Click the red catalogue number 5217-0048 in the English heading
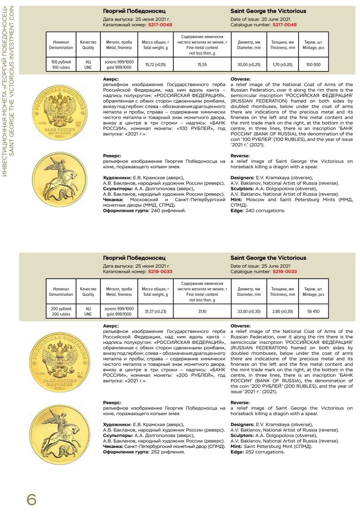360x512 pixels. [x=284, y=24]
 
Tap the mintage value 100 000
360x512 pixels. [x=313, y=65]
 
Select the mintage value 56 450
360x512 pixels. [x=313, y=311]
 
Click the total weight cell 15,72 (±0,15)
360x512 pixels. [x=155, y=65]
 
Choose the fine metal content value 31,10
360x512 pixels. [x=202, y=311]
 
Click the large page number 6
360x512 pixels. [x=31, y=498]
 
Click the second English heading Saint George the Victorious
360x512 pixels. [x=268, y=258]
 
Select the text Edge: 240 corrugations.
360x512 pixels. [x=258, y=210]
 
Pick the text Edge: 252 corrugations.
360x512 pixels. [x=258, y=452]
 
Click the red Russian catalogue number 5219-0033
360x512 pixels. [x=160, y=271]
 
